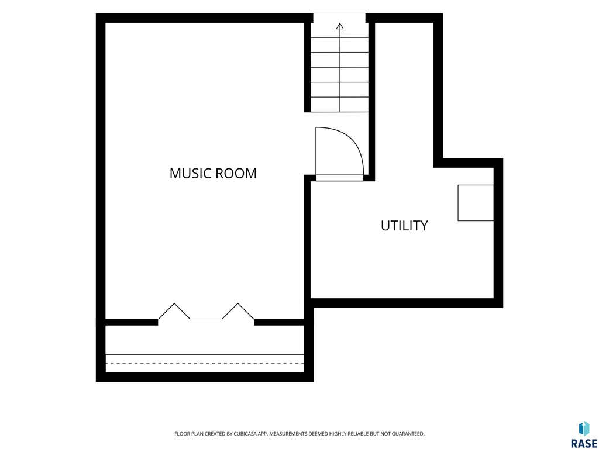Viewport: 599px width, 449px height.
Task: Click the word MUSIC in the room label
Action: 191,173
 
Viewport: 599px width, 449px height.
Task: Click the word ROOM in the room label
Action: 236,173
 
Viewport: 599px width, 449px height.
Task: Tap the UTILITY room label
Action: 404,226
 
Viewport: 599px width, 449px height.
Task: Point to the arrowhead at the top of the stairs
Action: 340,26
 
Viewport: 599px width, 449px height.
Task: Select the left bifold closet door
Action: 174,311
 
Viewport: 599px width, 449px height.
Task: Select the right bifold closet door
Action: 238,311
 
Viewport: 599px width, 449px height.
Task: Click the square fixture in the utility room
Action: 476,203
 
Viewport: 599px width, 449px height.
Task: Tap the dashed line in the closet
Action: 205,364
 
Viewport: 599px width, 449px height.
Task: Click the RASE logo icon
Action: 584,429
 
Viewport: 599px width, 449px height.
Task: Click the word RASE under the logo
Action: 584,443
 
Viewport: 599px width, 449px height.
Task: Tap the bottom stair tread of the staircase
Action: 340,105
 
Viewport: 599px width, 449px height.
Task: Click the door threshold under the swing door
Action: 340,178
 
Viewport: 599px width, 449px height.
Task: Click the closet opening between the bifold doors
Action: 206,320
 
